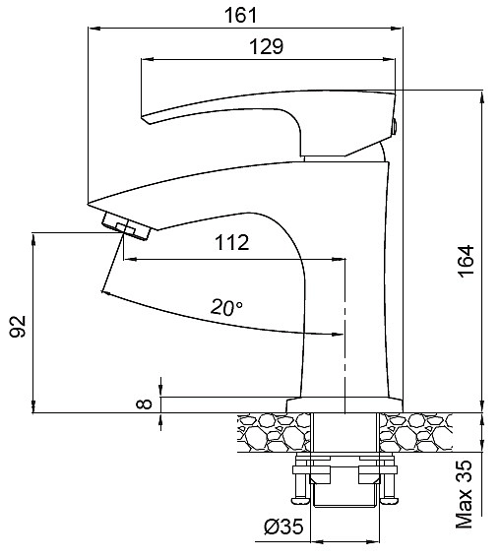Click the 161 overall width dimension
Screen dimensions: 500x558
(x=240, y=16)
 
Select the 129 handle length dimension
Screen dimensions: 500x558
(x=266, y=46)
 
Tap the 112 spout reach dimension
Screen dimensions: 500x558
(x=231, y=243)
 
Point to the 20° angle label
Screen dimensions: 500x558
(x=226, y=307)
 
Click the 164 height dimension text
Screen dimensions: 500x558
(x=467, y=261)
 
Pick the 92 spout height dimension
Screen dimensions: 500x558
(x=18, y=327)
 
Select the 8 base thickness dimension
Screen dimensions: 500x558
(x=145, y=403)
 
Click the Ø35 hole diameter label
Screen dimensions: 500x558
(x=283, y=527)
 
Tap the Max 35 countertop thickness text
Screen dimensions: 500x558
(x=464, y=495)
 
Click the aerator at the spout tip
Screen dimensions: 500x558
(x=126, y=225)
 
